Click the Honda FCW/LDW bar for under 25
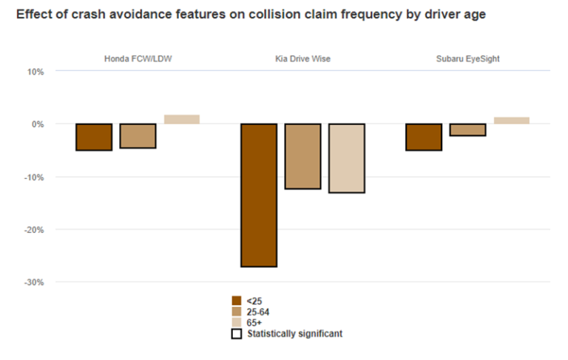(94, 137)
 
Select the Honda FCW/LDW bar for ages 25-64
(138, 136)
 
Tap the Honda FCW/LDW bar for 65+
(182, 120)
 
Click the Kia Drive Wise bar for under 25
(259, 195)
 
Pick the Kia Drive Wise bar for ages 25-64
(302, 157)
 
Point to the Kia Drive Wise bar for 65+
(347, 158)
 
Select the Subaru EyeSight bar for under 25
(424, 137)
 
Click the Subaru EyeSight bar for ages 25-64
(468, 130)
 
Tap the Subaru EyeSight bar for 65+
(512, 120)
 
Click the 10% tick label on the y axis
(37, 72)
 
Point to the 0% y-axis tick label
(39, 124)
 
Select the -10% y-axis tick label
(35, 177)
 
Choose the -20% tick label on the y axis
(35, 230)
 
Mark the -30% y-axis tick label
(35, 282)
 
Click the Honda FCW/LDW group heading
(138, 57)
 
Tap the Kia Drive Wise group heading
(302, 57)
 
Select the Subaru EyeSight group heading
(467, 57)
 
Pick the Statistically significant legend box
(237, 334)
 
